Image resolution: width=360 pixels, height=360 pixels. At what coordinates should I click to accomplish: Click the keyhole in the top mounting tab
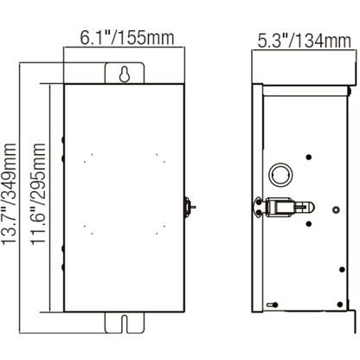125,74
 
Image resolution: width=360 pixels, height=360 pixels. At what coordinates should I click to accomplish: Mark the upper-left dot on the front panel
88,157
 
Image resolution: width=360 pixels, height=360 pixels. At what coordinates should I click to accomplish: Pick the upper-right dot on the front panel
160,157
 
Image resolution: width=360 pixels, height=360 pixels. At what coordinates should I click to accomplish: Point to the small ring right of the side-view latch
336,209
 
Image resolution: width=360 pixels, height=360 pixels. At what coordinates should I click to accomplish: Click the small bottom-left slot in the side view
271,305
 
